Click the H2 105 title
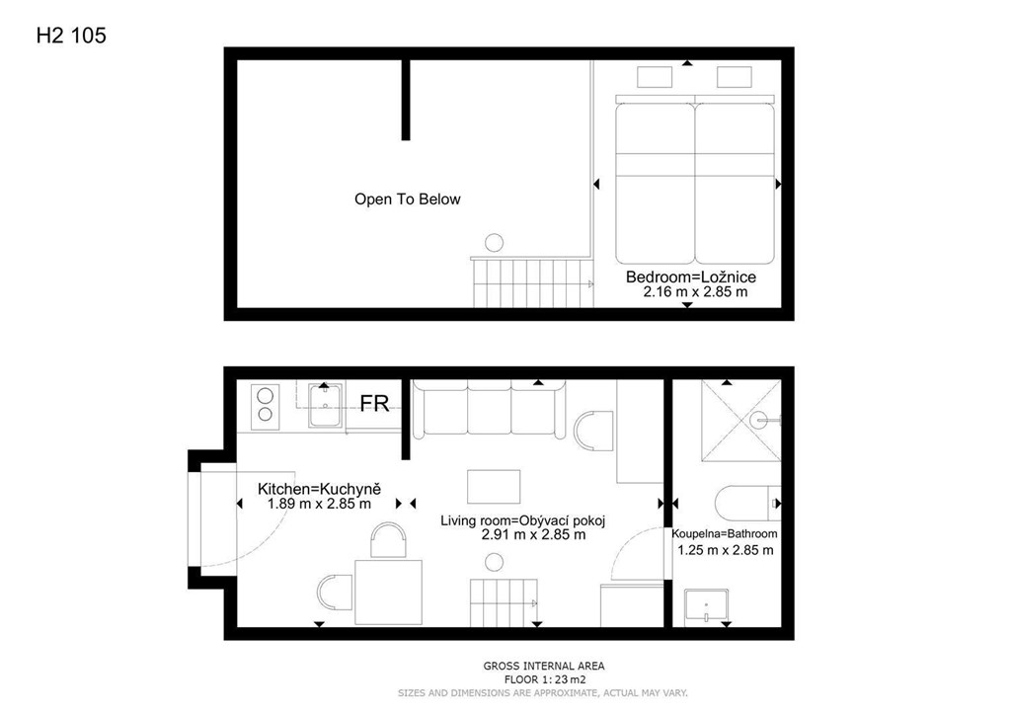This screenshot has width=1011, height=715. tap(71, 36)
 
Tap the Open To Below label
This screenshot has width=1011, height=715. tap(408, 199)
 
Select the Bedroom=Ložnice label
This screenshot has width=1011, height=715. tap(691, 278)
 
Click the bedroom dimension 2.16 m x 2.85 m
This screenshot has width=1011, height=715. tap(696, 292)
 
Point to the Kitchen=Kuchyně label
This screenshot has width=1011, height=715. tap(319, 489)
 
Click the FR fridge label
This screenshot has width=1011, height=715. tap(374, 403)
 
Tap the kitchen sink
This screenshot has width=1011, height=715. tap(326, 405)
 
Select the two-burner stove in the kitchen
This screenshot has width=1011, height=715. tap(265, 406)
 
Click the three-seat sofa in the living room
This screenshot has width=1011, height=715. tap(489, 409)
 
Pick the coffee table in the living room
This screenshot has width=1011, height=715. tap(494, 487)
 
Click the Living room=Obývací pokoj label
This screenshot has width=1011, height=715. tap(523, 520)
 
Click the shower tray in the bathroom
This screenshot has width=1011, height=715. tap(741, 421)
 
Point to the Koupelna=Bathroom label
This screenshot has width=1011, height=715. tap(724, 534)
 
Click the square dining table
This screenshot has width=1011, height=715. tap(388, 592)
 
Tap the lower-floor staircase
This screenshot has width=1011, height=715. tap(504, 602)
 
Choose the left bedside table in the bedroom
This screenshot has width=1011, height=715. tap(655, 77)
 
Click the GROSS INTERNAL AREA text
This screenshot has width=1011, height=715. tap(544, 666)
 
